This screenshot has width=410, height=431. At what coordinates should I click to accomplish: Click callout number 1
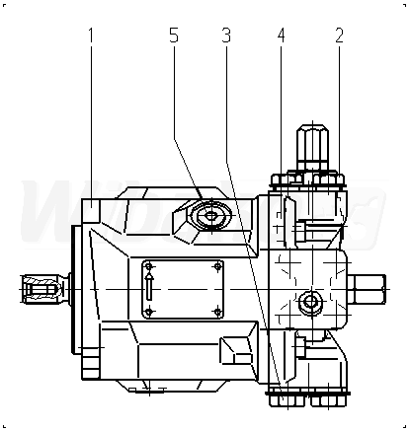click(x=91, y=36)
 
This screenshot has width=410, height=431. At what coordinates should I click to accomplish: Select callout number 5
click(x=174, y=36)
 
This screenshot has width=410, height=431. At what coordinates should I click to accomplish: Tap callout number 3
click(x=226, y=36)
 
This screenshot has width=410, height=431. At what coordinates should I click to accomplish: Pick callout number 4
click(x=281, y=36)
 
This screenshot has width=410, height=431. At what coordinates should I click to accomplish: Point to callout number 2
click(x=339, y=36)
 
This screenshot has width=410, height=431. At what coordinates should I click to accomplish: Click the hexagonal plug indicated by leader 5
click(x=210, y=216)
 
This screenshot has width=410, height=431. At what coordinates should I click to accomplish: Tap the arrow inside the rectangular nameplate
click(x=149, y=285)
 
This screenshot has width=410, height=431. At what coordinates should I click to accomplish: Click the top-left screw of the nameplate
click(x=149, y=266)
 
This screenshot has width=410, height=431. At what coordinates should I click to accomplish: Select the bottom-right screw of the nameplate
click(x=217, y=312)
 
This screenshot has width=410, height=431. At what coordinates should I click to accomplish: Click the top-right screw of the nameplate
click(x=217, y=266)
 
